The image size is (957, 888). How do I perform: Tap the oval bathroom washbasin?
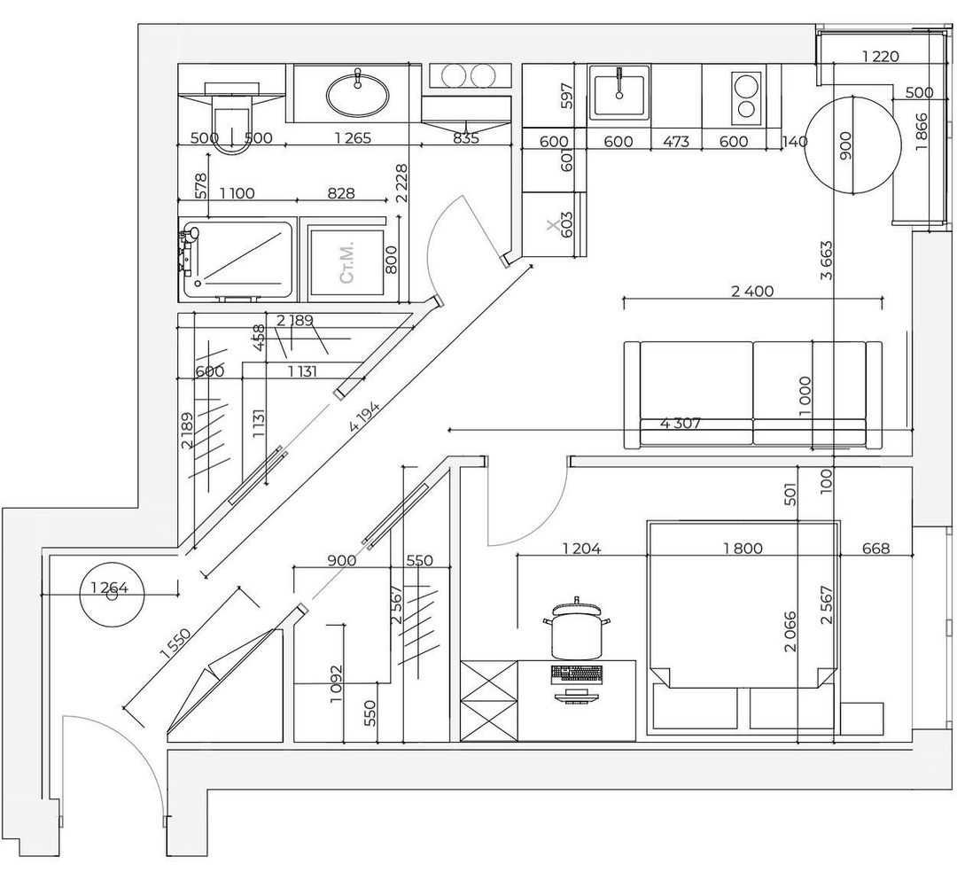pos(357,95)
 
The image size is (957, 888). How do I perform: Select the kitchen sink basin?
pos(619,95)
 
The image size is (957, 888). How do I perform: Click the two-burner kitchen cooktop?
pos(745,95)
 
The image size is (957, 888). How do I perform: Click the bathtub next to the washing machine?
pos(237,260)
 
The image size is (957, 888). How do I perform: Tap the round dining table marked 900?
pos(852,144)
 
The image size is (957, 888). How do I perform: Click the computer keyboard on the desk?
pos(576,674)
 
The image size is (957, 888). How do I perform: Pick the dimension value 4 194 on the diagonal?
pos(364,417)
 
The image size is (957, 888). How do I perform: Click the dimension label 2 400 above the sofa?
pos(752,291)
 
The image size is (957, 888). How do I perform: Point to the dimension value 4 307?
pos(681,423)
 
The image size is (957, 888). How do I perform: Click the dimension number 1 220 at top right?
pos(881,57)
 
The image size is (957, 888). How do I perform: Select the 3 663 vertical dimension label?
pos(827,261)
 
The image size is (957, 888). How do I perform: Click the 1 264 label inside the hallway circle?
pos(109,588)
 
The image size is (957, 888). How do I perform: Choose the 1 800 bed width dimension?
pos(743,549)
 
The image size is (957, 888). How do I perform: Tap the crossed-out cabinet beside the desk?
pos(489,701)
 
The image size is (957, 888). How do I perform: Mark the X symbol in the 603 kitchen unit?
pos(553,226)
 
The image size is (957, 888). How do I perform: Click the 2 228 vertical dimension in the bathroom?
pos(401,183)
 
